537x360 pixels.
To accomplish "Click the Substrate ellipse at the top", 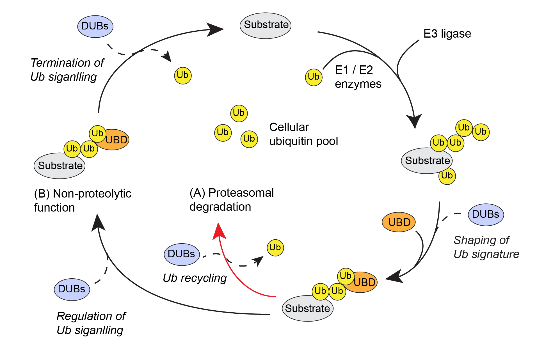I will tap(265, 26).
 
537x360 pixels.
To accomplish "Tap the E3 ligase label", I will tap(447, 34).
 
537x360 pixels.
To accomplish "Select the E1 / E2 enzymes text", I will tap(358, 77).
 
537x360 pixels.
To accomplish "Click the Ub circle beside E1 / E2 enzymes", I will tap(314, 77).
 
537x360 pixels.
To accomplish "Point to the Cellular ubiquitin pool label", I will tap(303, 134).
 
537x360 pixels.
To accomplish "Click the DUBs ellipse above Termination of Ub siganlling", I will tap(95, 26).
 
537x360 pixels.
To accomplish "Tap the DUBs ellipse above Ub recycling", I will tap(182, 254).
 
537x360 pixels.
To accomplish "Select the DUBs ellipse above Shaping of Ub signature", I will tap(486, 215).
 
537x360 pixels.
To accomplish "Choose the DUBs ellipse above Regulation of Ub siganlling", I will tap(72, 289).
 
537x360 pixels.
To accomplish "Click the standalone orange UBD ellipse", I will tap(399, 222).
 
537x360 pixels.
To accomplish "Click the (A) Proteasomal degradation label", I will tap(231, 200).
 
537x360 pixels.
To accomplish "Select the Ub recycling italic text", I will tap(195, 278).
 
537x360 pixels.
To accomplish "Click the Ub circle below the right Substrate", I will tap(447, 176).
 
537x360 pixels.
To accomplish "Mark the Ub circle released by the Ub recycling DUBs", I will tap(275, 247).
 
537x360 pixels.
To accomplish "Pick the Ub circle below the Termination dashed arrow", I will tap(183, 75).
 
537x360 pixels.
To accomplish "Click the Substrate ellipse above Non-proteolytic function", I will tap(60, 166).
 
